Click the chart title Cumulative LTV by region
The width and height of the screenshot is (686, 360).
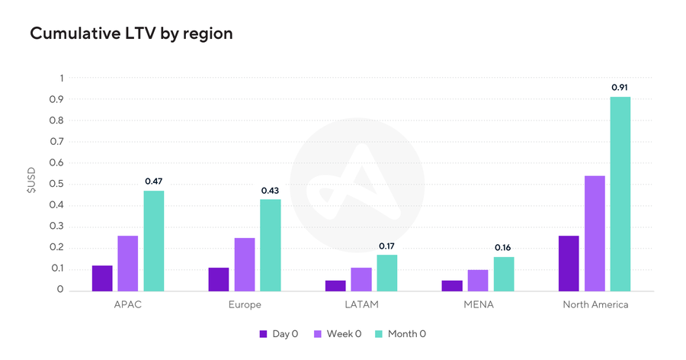[131, 34]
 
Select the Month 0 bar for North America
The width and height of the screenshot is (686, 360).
[620, 194]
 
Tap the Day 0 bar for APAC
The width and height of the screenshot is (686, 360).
[102, 278]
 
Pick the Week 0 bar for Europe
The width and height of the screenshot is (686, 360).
[245, 264]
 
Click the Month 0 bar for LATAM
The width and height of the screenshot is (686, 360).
[387, 272]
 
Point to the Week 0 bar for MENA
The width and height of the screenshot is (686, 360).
[478, 280]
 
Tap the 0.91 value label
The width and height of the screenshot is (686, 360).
[620, 88]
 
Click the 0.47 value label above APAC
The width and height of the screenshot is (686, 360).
[154, 182]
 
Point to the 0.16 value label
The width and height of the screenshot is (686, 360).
[503, 248]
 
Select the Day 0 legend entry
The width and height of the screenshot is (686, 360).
[278, 333]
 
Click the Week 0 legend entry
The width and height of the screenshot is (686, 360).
[341, 333]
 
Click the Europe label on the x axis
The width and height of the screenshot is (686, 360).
[245, 304]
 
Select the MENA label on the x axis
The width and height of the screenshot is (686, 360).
[478, 304]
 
